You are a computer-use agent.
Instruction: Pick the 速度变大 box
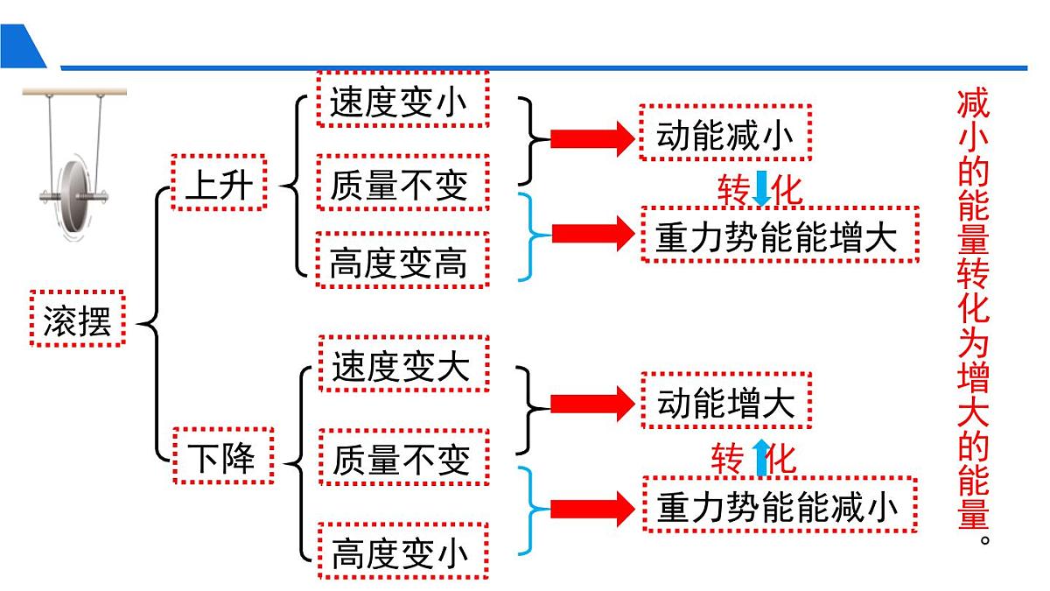[x=402, y=363]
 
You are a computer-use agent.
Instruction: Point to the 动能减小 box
[x=725, y=132]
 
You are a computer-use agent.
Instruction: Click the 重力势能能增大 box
[x=780, y=235]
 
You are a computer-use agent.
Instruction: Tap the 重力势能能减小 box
[x=780, y=504]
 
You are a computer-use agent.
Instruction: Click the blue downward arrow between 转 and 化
[x=761, y=188]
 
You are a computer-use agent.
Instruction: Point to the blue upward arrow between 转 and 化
[x=761, y=457]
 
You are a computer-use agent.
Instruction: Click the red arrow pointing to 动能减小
[x=591, y=137]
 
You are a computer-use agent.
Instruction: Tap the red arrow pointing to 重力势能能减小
[x=591, y=509]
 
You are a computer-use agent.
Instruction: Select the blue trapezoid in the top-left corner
[x=21, y=47]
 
